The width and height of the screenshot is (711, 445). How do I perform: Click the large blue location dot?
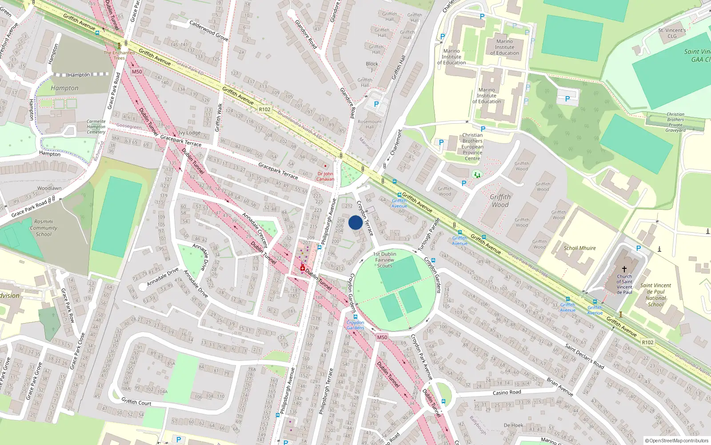355,223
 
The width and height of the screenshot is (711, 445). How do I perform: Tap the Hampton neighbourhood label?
64,88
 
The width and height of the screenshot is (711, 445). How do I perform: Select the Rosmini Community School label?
44,228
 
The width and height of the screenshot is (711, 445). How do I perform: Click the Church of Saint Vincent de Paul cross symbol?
624,269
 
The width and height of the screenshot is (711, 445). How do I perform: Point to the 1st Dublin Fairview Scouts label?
385,260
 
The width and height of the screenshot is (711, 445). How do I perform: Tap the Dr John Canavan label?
325,177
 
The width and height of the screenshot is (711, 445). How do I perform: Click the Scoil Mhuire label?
579,248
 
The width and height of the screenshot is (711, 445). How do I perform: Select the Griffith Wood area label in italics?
500,201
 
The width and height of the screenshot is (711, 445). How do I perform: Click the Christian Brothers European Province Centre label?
472,147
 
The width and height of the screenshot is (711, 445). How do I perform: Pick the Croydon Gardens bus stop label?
355,325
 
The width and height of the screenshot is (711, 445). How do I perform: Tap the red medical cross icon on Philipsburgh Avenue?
303,268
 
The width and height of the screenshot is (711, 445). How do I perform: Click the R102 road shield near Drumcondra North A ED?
264,109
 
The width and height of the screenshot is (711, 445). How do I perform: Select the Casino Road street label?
507,392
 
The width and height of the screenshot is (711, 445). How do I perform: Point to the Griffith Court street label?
136,402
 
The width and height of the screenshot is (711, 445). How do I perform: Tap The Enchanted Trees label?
119,55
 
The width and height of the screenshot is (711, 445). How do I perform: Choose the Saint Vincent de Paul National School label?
655,295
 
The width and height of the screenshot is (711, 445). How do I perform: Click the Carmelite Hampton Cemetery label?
96,127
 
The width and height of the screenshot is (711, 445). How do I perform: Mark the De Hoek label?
513,425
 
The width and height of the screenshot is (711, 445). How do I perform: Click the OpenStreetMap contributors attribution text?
677,441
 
